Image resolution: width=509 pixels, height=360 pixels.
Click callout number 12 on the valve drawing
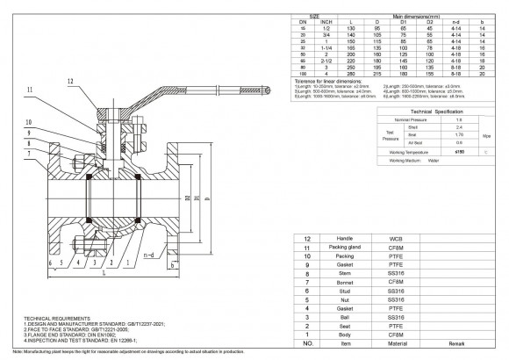tap(68, 81)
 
